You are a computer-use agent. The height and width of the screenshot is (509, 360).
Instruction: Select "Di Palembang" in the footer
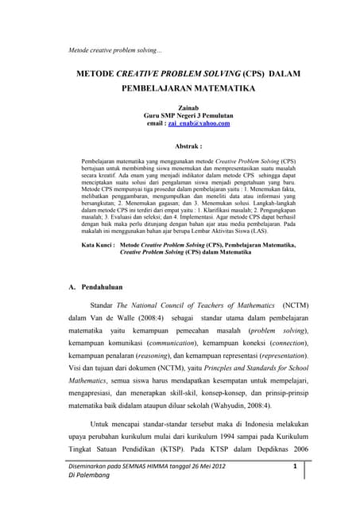tap(93, 498)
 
